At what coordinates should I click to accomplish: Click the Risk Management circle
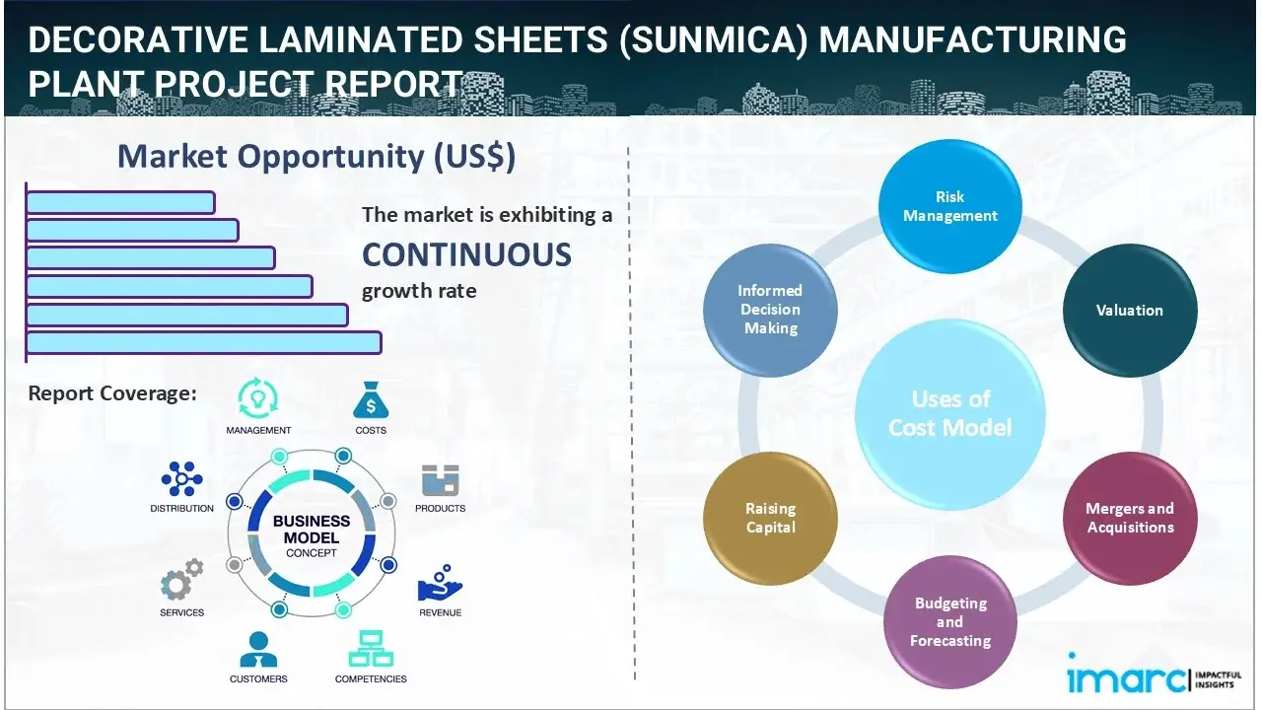[x=950, y=206]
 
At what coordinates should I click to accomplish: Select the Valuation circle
[x=1130, y=310]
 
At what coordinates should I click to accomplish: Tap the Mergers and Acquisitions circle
[x=1130, y=518]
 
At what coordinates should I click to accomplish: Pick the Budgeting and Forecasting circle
[x=950, y=621]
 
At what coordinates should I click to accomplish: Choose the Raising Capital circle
[x=770, y=518]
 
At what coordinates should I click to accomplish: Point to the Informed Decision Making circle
[x=770, y=310]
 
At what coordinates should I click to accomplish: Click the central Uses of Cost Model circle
[x=950, y=413]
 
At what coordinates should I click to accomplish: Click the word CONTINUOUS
[x=466, y=254]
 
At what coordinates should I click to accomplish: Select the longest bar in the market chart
[x=203, y=342]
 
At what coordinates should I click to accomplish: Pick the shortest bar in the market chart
[x=120, y=202]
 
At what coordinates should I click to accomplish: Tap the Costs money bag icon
[x=371, y=400]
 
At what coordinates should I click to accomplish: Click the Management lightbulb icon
[x=258, y=399]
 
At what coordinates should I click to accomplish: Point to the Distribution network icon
[x=181, y=479]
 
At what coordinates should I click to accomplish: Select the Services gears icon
[x=181, y=581]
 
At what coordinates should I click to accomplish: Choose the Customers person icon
[x=258, y=649]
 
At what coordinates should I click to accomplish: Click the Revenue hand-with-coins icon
[x=440, y=584]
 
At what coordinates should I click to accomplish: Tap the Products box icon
[x=440, y=480]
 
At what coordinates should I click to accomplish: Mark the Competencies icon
[x=371, y=649]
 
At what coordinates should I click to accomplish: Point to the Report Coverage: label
[x=112, y=393]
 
